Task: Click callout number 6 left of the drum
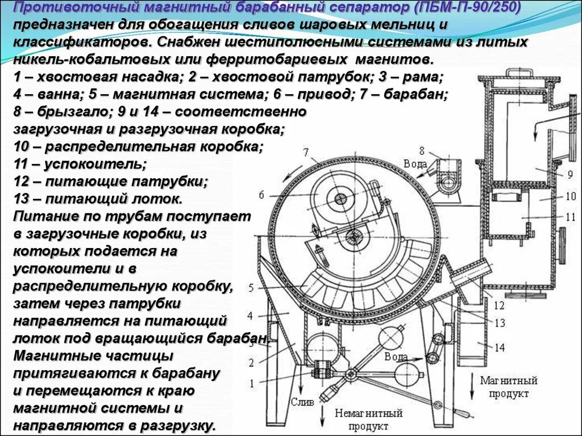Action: coord(261,195)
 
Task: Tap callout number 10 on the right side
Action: coord(570,196)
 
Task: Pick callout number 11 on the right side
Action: coord(570,216)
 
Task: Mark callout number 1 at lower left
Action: coord(250,381)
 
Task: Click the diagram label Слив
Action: coord(302,402)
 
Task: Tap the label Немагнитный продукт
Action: coord(369,420)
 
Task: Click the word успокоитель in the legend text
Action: coord(95,164)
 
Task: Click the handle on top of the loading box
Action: coord(519,73)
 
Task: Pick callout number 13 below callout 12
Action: coord(499,323)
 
